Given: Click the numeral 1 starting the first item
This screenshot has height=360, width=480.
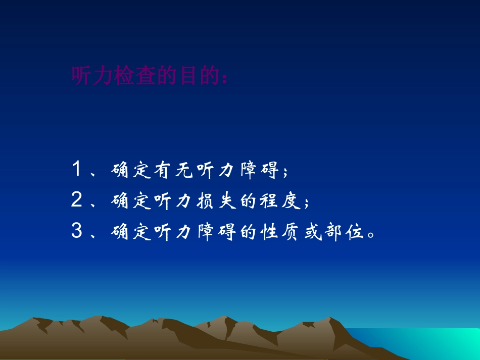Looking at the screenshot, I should point(77,171).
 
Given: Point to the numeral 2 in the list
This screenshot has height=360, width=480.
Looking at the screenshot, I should point(77,201).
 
